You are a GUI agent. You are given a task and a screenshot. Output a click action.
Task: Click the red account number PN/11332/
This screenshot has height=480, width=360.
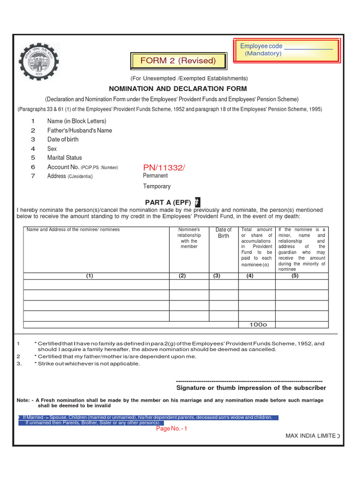pos(164,167)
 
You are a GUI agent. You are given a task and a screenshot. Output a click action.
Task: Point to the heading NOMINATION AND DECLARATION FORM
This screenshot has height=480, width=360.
pos(178,89)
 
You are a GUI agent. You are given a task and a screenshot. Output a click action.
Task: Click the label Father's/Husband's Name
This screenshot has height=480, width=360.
pos(80,130)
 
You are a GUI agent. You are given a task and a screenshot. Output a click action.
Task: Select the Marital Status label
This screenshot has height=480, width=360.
pos(65,158)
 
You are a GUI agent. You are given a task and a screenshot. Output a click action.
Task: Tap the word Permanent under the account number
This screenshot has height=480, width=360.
pos(156,176)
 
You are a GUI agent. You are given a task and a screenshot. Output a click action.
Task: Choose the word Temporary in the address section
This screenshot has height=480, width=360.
pos(157,187)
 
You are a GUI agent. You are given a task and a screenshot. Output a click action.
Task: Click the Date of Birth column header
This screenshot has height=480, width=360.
pos(224,233)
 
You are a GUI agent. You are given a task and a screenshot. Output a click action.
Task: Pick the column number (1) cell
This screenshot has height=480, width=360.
pos(90,276)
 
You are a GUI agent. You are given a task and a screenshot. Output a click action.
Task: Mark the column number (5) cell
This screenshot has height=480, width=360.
pos(295,276)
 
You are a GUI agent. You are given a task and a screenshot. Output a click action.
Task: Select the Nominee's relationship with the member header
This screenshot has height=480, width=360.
pos(189,238)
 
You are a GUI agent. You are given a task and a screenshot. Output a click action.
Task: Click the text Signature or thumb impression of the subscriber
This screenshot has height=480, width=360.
pos(251,388)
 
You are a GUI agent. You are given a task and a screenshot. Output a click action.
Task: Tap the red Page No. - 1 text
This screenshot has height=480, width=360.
pos(172,428)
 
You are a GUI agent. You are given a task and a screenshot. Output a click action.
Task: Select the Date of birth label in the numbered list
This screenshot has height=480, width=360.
pos(63,140)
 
